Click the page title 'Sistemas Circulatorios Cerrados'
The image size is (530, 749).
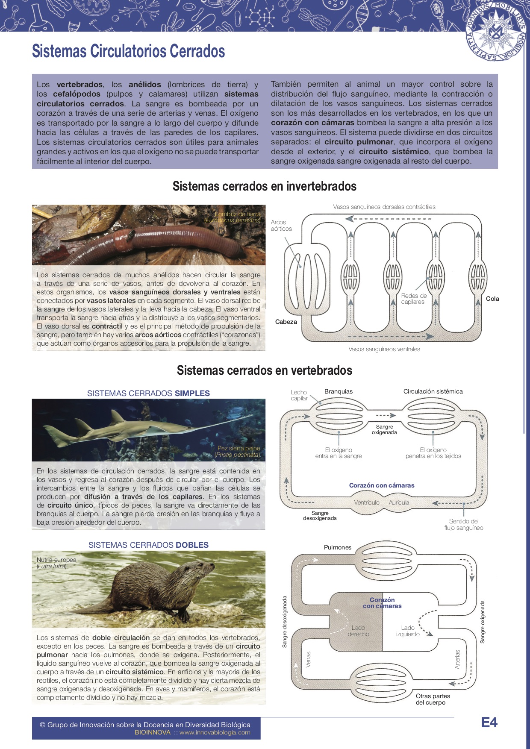[128, 51]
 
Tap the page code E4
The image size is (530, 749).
[489, 723]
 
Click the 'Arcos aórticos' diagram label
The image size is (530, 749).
[281, 226]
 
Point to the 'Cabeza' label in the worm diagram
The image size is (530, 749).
[286, 322]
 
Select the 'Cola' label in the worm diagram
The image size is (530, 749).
[492, 299]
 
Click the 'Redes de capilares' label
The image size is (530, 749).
[413, 299]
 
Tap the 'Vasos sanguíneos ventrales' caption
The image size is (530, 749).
[384, 349]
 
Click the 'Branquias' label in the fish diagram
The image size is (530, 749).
[339, 391]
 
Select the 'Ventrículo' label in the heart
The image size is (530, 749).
[366, 502]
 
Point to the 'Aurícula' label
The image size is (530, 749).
[399, 502]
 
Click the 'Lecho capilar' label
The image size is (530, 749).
[299, 395]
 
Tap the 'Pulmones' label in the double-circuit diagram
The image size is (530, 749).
[338, 547]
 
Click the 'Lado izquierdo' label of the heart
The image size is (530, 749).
[408, 631]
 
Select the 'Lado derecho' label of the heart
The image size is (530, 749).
[358, 631]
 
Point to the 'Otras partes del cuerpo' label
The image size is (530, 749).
[433, 699]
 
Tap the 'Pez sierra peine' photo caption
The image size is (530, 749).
[238, 451]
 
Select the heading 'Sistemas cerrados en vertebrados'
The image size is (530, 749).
[265, 370]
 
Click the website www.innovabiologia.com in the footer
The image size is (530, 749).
[215, 732]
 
